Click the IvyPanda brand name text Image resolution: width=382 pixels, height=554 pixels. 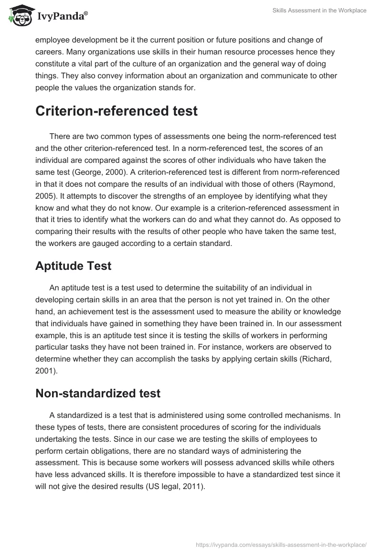click(63, 16)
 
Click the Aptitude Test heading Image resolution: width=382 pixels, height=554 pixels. click(73, 266)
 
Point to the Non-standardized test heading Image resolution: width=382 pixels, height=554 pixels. click(98, 394)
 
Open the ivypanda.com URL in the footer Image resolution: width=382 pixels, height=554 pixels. click(281, 544)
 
